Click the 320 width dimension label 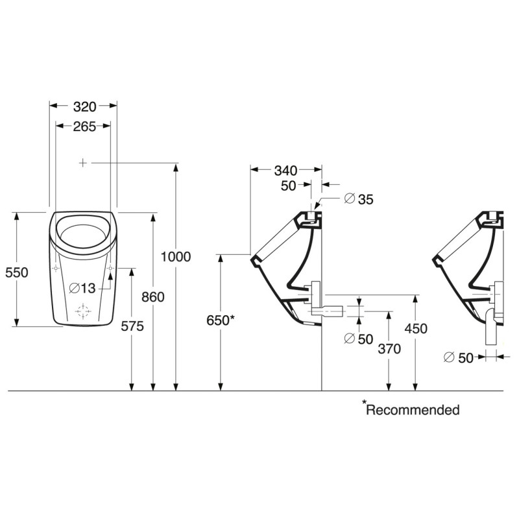pyautogui.click(x=84, y=106)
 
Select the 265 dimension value pyautogui.click(x=84, y=127)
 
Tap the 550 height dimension pyautogui.click(x=17, y=272)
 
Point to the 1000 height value pyautogui.click(x=176, y=256)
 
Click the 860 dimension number pyautogui.click(x=153, y=297)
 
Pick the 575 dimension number pyautogui.click(x=132, y=326)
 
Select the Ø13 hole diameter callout pyautogui.click(x=82, y=288)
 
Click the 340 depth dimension pyautogui.click(x=285, y=171)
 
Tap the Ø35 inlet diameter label pyautogui.click(x=359, y=199)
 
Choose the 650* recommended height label pyautogui.click(x=221, y=320)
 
